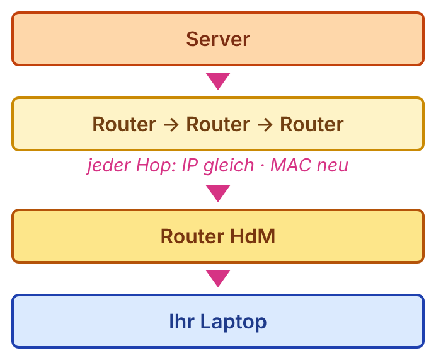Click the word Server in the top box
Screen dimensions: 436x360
click(x=218, y=39)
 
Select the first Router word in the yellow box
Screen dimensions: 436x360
click(x=124, y=124)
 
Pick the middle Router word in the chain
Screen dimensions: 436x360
click(x=218, y=124)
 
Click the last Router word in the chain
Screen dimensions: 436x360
click(x=312, y=124)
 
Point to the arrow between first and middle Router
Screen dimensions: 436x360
click(x=171, y=125)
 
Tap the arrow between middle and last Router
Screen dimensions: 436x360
click(x=265, y=125)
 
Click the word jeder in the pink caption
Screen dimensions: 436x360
click(x=109, y=166)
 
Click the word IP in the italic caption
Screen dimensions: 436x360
click(x=190, y=165)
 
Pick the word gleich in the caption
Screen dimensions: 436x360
click(x=229, y=166)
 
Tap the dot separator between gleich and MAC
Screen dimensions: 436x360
click(x=262, y=166)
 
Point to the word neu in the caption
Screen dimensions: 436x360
click(x=333, y=167)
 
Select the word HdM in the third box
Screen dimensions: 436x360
click(x=253, y=236)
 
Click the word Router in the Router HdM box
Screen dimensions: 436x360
click(x=192, y=236)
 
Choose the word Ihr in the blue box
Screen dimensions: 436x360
click(x=182, y=322)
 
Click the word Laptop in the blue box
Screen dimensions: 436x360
click(x=233, y=322)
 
